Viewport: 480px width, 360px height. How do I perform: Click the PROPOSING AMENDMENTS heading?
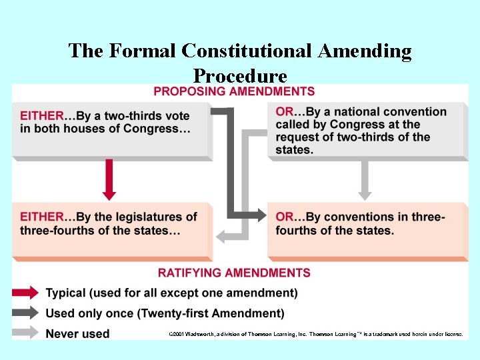234,91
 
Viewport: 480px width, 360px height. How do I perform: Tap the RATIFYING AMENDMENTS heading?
234,273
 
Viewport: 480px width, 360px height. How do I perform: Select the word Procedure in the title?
240,76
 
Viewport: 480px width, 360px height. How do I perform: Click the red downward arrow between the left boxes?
109,179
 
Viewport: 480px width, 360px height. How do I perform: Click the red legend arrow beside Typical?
25,293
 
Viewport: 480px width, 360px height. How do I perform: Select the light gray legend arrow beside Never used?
25,333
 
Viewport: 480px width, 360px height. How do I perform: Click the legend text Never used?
77,333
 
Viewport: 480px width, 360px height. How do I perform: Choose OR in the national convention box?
284,112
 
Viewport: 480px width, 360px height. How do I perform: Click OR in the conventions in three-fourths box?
284,217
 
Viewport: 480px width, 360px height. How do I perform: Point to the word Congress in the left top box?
160,129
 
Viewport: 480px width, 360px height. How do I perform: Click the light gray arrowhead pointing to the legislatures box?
220,235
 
